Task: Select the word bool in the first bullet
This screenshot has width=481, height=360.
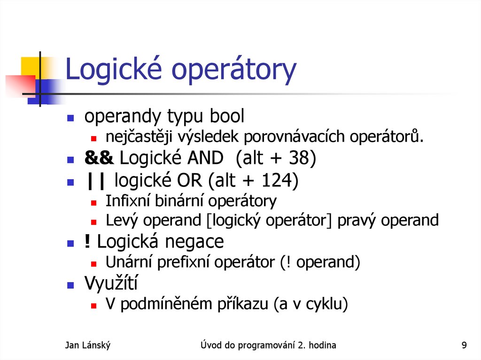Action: click(227, 117)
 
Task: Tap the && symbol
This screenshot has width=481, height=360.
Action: click(99, 159)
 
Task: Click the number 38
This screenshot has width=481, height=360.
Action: click(295, 159)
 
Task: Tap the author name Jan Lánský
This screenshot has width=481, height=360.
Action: click(88, 346)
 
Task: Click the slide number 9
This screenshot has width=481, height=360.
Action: click(464, 346)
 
